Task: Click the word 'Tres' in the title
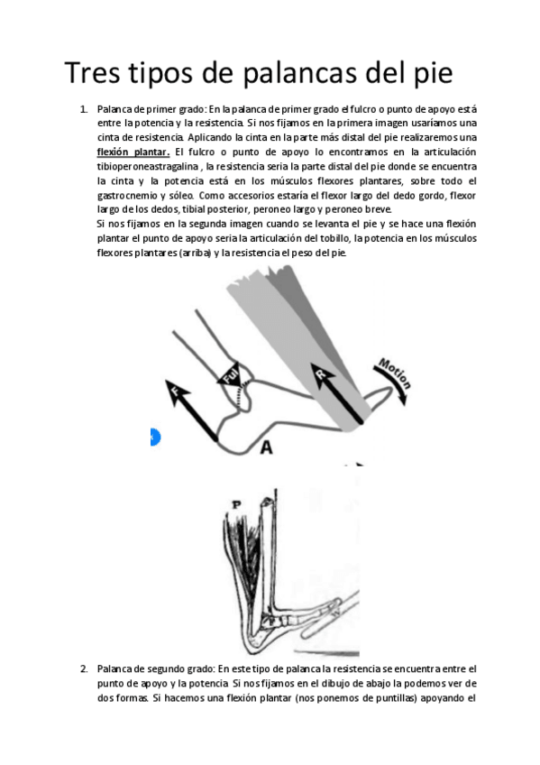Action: [x=96, y=71]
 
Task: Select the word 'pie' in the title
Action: [x=428, y=71]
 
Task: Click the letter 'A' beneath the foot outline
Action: [x=266, y=447]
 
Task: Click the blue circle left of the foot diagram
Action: [x=153, y=438]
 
